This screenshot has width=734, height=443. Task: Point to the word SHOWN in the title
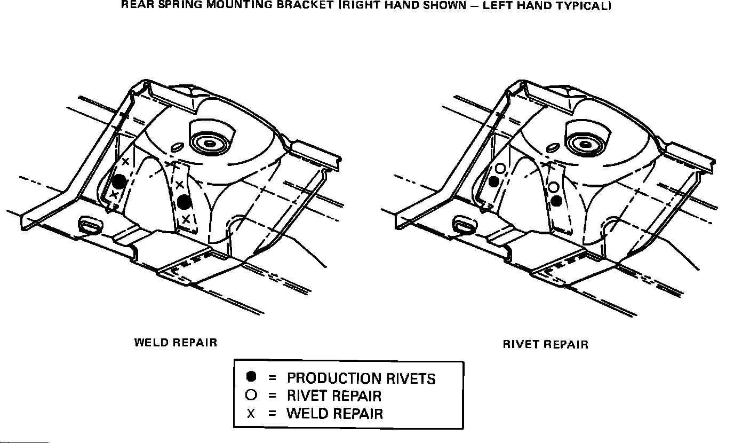(x=437, y=6)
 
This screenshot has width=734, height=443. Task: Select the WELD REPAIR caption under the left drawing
(x=175, y=343)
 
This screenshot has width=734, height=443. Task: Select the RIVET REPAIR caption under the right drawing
(x=545, y=345)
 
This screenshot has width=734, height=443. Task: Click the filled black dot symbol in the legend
(x=252, y=377)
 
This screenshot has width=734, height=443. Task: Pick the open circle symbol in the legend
(x=252, y=395)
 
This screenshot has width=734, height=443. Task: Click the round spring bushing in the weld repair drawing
(x=209, y=143)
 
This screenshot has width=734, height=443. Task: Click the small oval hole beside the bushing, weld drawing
(x=177, y=148)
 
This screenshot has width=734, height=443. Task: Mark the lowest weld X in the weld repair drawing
(x=186, y=219)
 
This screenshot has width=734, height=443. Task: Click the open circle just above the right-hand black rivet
(x=554, y=187)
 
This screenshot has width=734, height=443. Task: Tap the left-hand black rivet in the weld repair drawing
(x=119, y=181)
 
